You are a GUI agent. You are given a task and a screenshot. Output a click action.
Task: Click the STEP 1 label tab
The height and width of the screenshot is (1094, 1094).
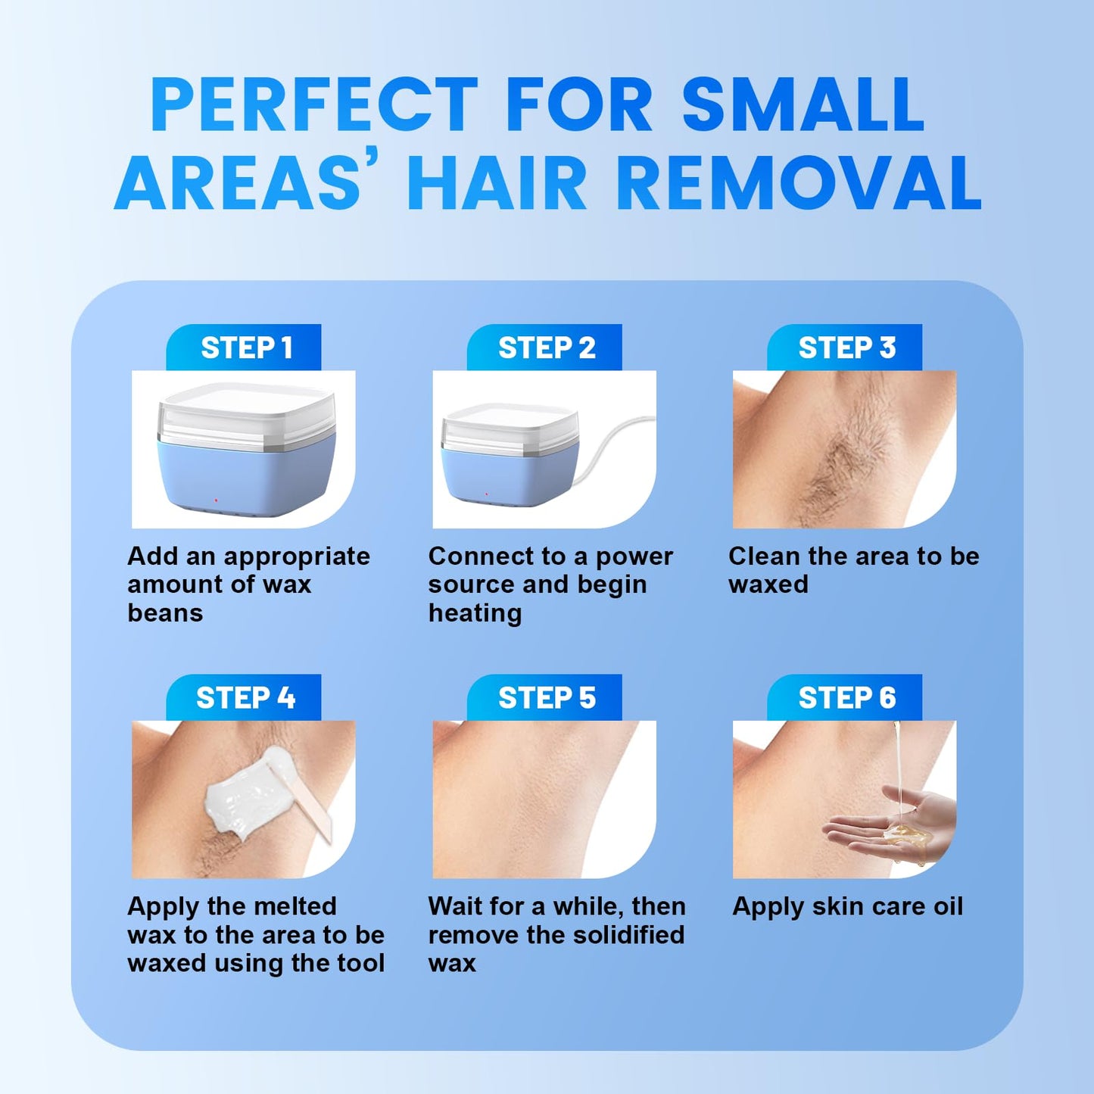click(x=244, y=348)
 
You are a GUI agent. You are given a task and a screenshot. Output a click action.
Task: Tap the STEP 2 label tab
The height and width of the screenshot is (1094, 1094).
click(x=544, y=348)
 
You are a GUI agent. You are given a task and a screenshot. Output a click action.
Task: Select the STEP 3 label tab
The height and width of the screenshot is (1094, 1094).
click(x=845, y=348)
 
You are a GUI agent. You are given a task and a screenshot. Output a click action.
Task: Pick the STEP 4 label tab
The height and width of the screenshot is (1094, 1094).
click(x=244, y=698)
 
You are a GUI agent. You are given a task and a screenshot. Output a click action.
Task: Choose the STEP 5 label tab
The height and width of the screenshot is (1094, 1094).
click(x=544, y=698)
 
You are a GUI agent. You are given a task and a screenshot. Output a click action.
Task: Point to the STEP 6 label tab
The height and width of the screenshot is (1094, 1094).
click(x=845, y=698)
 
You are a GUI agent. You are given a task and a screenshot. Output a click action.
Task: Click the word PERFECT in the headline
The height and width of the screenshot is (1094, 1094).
click(x=314, y=104)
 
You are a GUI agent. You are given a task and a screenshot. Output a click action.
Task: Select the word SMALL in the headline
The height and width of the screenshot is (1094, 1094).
click(x=803, y=104)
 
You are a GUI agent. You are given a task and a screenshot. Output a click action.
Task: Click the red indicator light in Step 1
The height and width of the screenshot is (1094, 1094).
click(x=217, y=500)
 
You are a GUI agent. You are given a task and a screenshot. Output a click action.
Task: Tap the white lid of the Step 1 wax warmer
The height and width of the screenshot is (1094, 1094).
click(x=246, y=414)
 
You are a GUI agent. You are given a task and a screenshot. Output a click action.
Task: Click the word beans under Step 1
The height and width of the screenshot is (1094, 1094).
click(x=165, y=613)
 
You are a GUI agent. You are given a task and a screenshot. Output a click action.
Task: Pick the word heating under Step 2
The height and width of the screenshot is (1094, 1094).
click(x=475, y=614)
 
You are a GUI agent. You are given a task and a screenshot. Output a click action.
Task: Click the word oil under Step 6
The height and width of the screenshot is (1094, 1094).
click(x=946, y=906)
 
